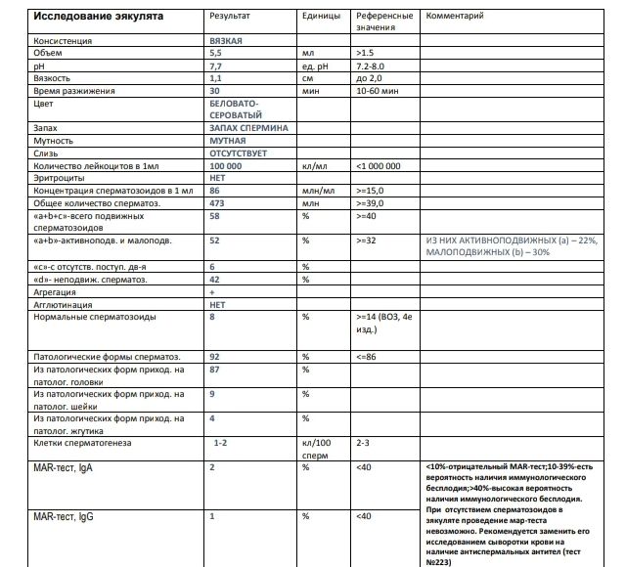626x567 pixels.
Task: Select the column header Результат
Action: click(x=230, y=17)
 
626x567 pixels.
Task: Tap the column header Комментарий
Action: click(x=455, y=17)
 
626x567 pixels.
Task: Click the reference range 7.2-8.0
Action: click(x=378, y=65)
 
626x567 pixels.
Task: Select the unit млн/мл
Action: click(x=318, y=191)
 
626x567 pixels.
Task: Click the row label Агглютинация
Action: click(x=64, y=304)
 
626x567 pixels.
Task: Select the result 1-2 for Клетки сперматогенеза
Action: click(x=221, y=443)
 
